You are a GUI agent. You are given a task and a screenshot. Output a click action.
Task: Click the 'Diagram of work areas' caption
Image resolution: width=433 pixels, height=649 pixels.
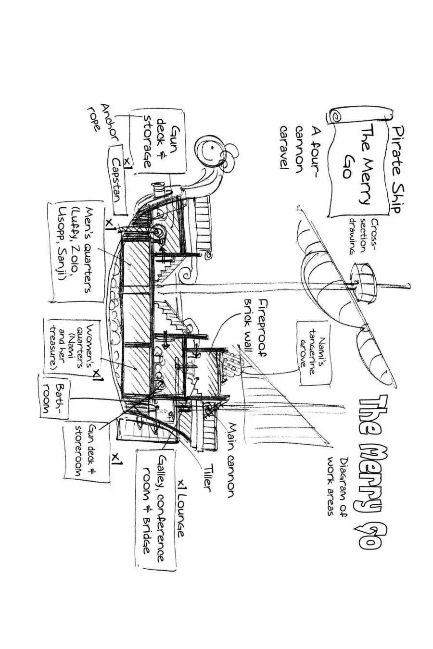pyautogui.click(x=337, y=486)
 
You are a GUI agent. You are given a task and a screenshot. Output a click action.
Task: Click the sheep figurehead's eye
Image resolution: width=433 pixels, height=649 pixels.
pyautogui.click(x=210, y=148)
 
